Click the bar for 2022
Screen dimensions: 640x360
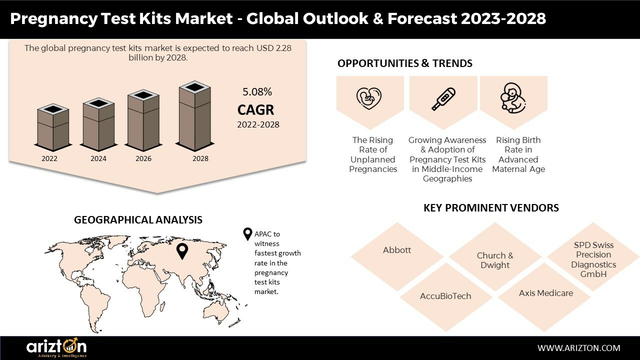pyautogui.click(x=53, y=127)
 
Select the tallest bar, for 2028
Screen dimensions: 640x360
pyautogui.click(x=195, y=116)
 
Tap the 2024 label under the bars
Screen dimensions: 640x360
pyautogui.click(x=98, y=158)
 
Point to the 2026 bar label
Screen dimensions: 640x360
pyautogui.click(x=143, y=158)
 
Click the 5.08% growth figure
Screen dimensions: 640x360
pyautogui.click(x=257, y=91)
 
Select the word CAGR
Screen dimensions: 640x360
pyautogui.click(x=255, y=110)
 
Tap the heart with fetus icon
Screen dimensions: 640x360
pyautogui.click(x=369, y=98)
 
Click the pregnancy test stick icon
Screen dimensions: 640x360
pyautogui.click(x=443, y=99)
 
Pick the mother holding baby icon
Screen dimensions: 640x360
pyautogui.click(x=513, y=98)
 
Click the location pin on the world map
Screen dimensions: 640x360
pyautogui.click(x=182, y=251)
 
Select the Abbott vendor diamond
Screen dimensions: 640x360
pyautogui.click(x=397, y=256)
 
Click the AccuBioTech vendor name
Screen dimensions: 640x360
pyautogui.click(x=445, y=296)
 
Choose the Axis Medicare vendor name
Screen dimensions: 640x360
pyautogui.click(x=546, y=293)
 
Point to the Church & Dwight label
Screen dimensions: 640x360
pyautogui.click(x=495, y=260)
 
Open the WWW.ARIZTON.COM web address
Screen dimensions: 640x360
pyautogui.click(x=579, y=348)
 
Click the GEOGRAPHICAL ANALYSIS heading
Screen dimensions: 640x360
pyautogui.click(x=138, y=219)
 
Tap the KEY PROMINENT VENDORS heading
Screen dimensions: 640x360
pyautogui.click(x=491, y=207)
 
